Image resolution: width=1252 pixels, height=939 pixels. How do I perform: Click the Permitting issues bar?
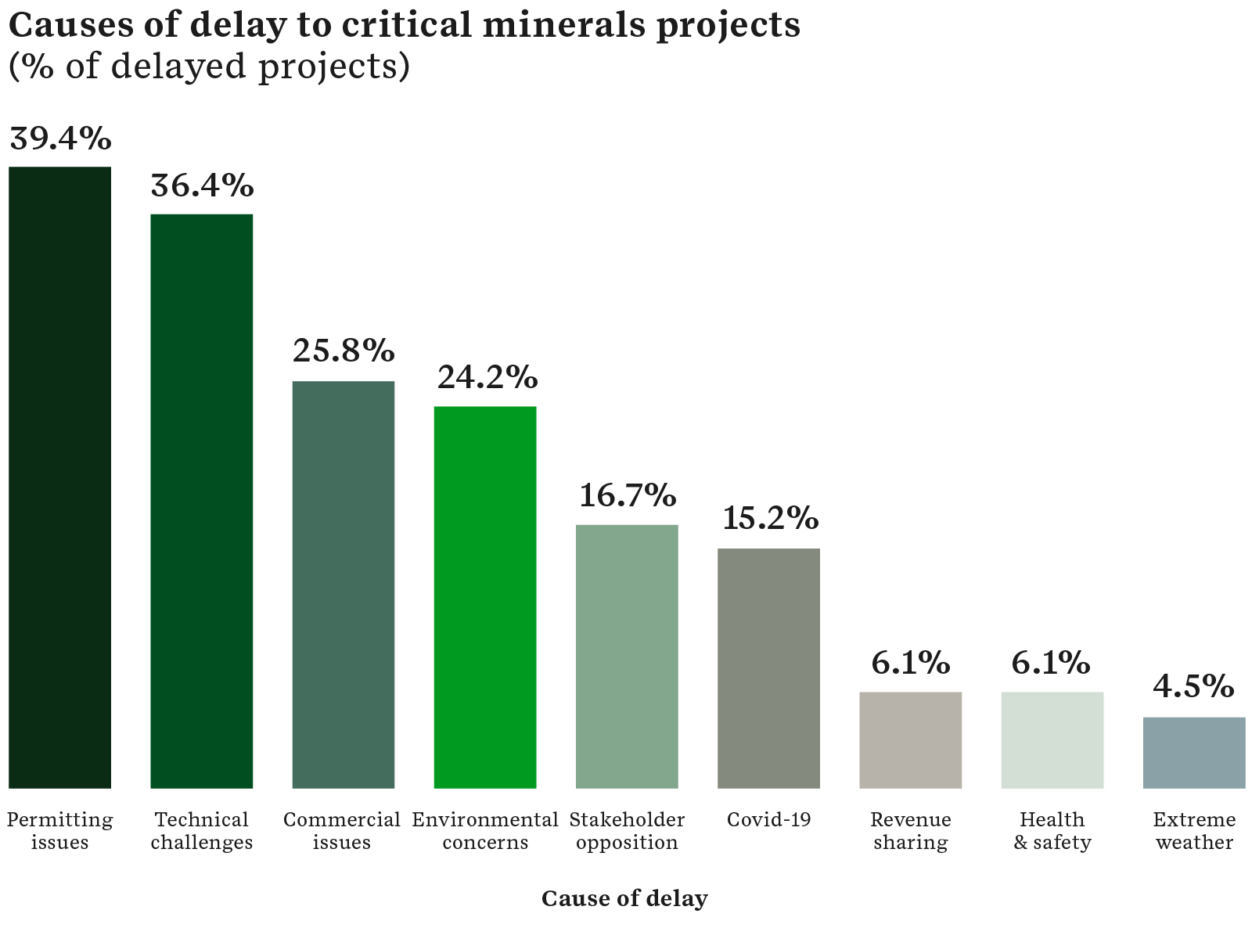[x=59, y=477]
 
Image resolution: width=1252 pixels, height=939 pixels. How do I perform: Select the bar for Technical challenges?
[x=202, y=501]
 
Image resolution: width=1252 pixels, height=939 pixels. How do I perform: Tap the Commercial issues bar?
[x=344, y=585]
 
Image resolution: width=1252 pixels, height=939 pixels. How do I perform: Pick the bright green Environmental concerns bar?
[x=485, y=597]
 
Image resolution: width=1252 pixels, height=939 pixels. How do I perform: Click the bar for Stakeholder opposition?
[x=627, y=657]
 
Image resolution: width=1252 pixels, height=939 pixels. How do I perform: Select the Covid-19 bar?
[x=768, y=668]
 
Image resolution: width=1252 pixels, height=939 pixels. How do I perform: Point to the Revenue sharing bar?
[x=911, y=739]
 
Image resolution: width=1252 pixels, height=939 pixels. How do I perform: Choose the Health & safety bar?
[x=1052, y=739]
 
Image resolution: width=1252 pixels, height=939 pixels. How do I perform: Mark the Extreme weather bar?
[x=1194, y=752]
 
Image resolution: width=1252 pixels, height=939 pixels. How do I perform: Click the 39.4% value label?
[x=60, y=139]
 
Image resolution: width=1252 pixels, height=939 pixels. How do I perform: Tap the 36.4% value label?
[x=202, y=186]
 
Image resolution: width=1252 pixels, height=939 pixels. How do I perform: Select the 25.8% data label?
[x=344, y=351]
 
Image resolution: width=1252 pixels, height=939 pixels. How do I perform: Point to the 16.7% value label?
[x=628, y=495]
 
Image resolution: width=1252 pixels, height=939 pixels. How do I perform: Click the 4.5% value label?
[x=1193, y=687]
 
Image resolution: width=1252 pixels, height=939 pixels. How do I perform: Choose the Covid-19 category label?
[x=768, y=820]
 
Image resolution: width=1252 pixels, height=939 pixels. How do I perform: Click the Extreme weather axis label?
[x=1194, y=831]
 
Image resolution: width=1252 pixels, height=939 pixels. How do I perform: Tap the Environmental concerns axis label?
[x=485, y=831]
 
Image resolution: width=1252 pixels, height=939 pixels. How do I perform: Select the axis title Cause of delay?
[x=624, y=898]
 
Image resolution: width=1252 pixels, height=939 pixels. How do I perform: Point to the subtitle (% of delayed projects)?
[x=209, y=67]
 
